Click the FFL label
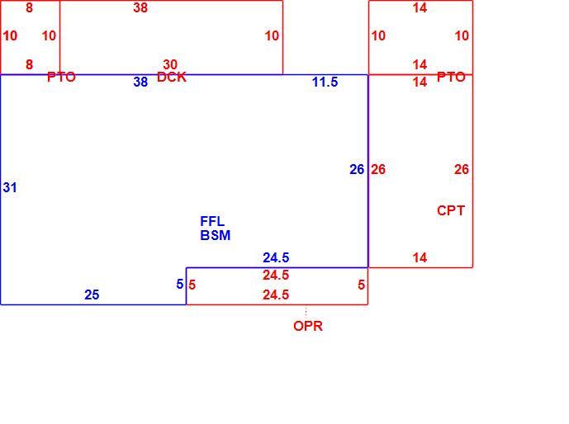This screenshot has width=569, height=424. pos(212,221)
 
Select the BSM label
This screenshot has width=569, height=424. pos(216,236)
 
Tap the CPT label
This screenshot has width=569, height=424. pos(451,210)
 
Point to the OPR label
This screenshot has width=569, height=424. pos(308,326)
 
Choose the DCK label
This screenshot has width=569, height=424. pos(172,77)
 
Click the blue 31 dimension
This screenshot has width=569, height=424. pos(10,187)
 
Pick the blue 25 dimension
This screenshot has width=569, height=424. pos(92,294)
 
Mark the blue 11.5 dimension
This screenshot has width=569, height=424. pos(325,82)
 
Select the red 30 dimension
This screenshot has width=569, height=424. pos(170,64)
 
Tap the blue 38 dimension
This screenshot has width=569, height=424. pos(140,82)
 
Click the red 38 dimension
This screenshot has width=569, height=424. pos(140,7)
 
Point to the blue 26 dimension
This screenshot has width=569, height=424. pos(357,169)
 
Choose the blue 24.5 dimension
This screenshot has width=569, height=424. pos(276,257)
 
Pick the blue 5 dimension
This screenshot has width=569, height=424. pos(180,284)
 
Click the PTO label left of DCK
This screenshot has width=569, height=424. pos(61,77)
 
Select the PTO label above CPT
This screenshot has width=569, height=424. pos(451,77)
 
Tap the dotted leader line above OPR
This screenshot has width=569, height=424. pos(306,312)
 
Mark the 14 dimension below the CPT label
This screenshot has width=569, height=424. pos(420,257)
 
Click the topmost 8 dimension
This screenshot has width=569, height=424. pos(30,7)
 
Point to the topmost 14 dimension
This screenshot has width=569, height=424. pos(420,7)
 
